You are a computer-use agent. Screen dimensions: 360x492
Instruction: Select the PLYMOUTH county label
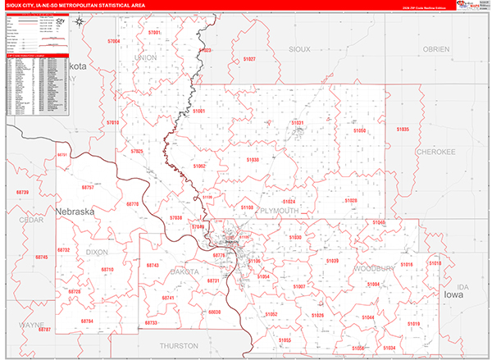(x=279, y=211)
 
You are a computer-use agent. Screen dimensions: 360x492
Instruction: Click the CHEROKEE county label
(x=435, y=152)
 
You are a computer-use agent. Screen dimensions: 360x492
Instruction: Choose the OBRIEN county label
(x=436, y=49)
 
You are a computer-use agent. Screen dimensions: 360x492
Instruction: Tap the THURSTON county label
(x=180, y=346)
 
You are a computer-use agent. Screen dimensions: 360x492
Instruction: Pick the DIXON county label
(x=97, y=253)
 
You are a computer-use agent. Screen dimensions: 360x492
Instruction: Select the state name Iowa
(x=453, y=294)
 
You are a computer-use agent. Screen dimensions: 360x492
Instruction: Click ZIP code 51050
(x=358, y=131)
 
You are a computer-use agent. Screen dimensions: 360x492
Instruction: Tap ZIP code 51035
(x=402, y=130)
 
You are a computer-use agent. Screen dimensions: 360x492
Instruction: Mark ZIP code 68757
(x=88, y=188)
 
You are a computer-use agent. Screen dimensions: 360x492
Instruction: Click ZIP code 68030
(x=215, y=312)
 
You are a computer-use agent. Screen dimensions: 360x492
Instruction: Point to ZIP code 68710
(x=107, y=269)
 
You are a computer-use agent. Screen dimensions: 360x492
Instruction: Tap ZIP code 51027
(x=249, y=59)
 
